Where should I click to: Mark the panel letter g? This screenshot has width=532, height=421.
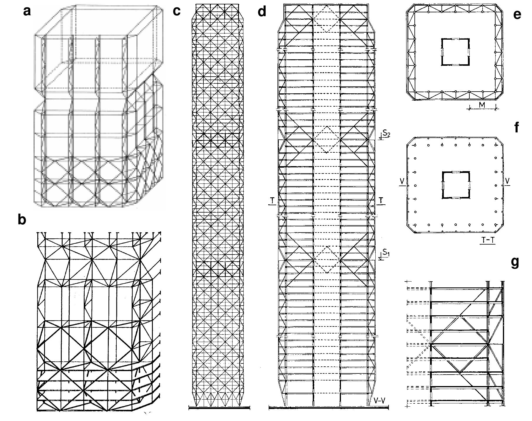point(515,262)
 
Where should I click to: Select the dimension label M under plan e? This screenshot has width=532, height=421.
point(482,105)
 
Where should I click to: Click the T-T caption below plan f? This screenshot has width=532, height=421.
point(488,240)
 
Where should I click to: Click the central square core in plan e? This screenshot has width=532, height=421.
point(455,52)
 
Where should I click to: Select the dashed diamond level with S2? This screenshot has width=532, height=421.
point(326,139)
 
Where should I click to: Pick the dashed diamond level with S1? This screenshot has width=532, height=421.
point(326,260)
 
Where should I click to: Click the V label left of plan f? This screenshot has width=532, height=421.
point(402,182)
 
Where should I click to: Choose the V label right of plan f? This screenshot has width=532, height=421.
point(507,181)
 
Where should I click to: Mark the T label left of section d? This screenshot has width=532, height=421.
point(272,200)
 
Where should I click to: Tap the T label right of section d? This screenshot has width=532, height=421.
point(381,200)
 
